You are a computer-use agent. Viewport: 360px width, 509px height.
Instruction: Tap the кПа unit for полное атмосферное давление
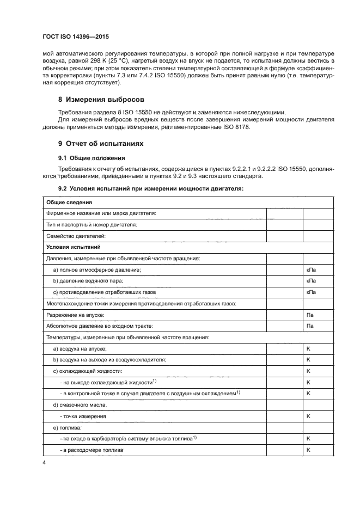(x=311, y=269)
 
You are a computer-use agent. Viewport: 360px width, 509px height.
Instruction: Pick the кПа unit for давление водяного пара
(x=311, y=281)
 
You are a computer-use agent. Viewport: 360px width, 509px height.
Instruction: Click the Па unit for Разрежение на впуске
(x=310, y=315)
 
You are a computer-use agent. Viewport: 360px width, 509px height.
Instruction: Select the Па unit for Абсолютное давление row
(x=310, y=326)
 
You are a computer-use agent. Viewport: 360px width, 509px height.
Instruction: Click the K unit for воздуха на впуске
(x=308, y=348)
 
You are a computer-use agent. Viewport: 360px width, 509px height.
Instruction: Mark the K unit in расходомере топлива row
(x=308, y=450)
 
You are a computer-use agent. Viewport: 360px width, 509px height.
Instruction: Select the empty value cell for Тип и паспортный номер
(x=284, y=224)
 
